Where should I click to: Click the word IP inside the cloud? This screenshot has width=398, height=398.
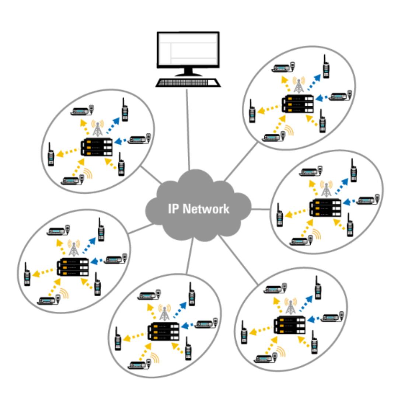174,209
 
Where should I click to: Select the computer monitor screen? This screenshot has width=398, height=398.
188,50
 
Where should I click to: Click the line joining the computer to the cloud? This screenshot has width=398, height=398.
188,129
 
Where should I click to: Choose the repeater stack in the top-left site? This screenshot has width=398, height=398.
96,147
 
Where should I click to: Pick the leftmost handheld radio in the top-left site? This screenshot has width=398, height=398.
51,155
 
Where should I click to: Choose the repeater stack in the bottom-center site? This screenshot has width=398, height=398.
163,332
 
